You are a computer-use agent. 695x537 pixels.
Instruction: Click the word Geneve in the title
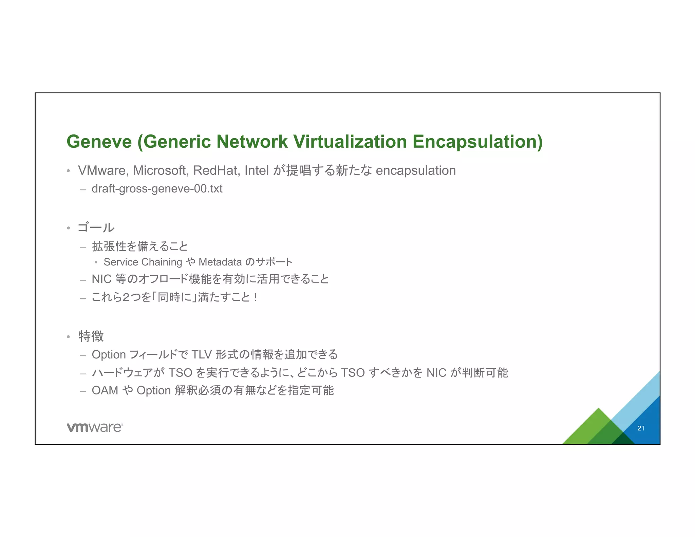tap(99, 142)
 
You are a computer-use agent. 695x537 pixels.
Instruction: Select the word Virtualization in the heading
tap(350, 142)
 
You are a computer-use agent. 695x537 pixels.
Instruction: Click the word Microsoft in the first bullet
tap(161, 170)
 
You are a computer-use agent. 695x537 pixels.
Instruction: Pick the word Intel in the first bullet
tap(257, 170)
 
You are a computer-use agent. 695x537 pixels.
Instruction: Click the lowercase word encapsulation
tap(416, 170)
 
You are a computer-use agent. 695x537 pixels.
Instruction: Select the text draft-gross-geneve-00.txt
tap(157, 189)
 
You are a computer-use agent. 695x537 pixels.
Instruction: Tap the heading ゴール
tap(96, 227)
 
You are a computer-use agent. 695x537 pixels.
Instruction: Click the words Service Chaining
tap(143, 262)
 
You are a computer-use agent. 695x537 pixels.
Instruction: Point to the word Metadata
tap(220, 262)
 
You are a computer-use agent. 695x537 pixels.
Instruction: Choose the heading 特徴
tap(91, 336)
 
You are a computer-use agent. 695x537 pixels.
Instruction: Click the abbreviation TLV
tap(202, 355)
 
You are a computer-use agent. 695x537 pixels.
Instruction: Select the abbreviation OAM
tap(105, 390)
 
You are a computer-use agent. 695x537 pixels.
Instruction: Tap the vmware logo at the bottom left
tap(95, 427)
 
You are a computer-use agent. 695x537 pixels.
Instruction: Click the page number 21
tap(641, 428)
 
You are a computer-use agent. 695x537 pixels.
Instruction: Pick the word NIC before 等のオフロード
tap(101, 279)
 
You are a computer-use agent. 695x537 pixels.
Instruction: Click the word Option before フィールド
tap(109, 355)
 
